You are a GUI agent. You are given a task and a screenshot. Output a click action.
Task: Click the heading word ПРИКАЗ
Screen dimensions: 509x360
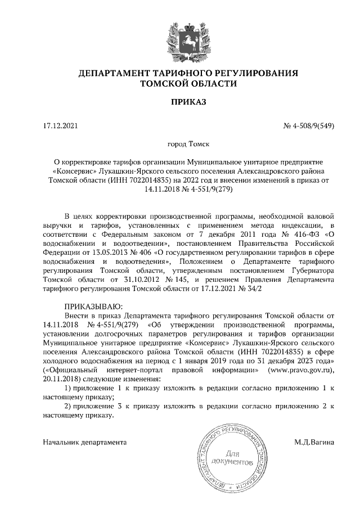point(180,102)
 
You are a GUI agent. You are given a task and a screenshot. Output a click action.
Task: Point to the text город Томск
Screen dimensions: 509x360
point(180,145)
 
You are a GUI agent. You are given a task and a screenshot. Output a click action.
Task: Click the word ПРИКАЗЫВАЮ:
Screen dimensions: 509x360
point(90,306)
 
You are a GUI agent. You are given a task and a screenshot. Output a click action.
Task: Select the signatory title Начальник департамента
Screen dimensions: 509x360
point(84,442)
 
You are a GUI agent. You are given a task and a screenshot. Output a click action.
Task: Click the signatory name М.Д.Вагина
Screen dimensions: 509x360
point(314,442)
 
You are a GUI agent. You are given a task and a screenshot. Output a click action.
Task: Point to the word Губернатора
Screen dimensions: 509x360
point(312,269)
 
